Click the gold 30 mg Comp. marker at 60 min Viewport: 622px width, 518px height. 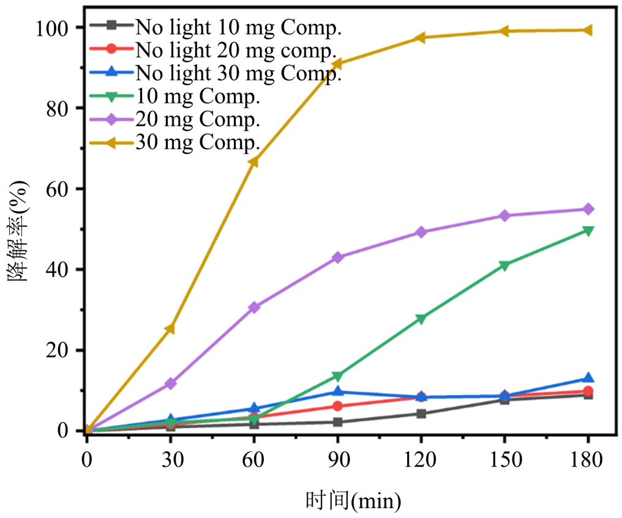[x=253, y=161]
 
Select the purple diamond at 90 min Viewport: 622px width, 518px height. [x=337, y=257]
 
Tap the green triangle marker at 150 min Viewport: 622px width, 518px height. [x=504, y=265]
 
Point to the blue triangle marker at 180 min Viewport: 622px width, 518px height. [x=588, y=379]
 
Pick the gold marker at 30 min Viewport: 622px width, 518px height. [x=170, y=329]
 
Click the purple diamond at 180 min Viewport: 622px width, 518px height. [x=588, y=209]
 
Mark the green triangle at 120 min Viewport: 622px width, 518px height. [x=421, y=318]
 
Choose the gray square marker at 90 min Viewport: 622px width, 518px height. [x=337, y=422]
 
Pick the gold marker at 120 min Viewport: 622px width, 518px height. [x=421, y=38]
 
